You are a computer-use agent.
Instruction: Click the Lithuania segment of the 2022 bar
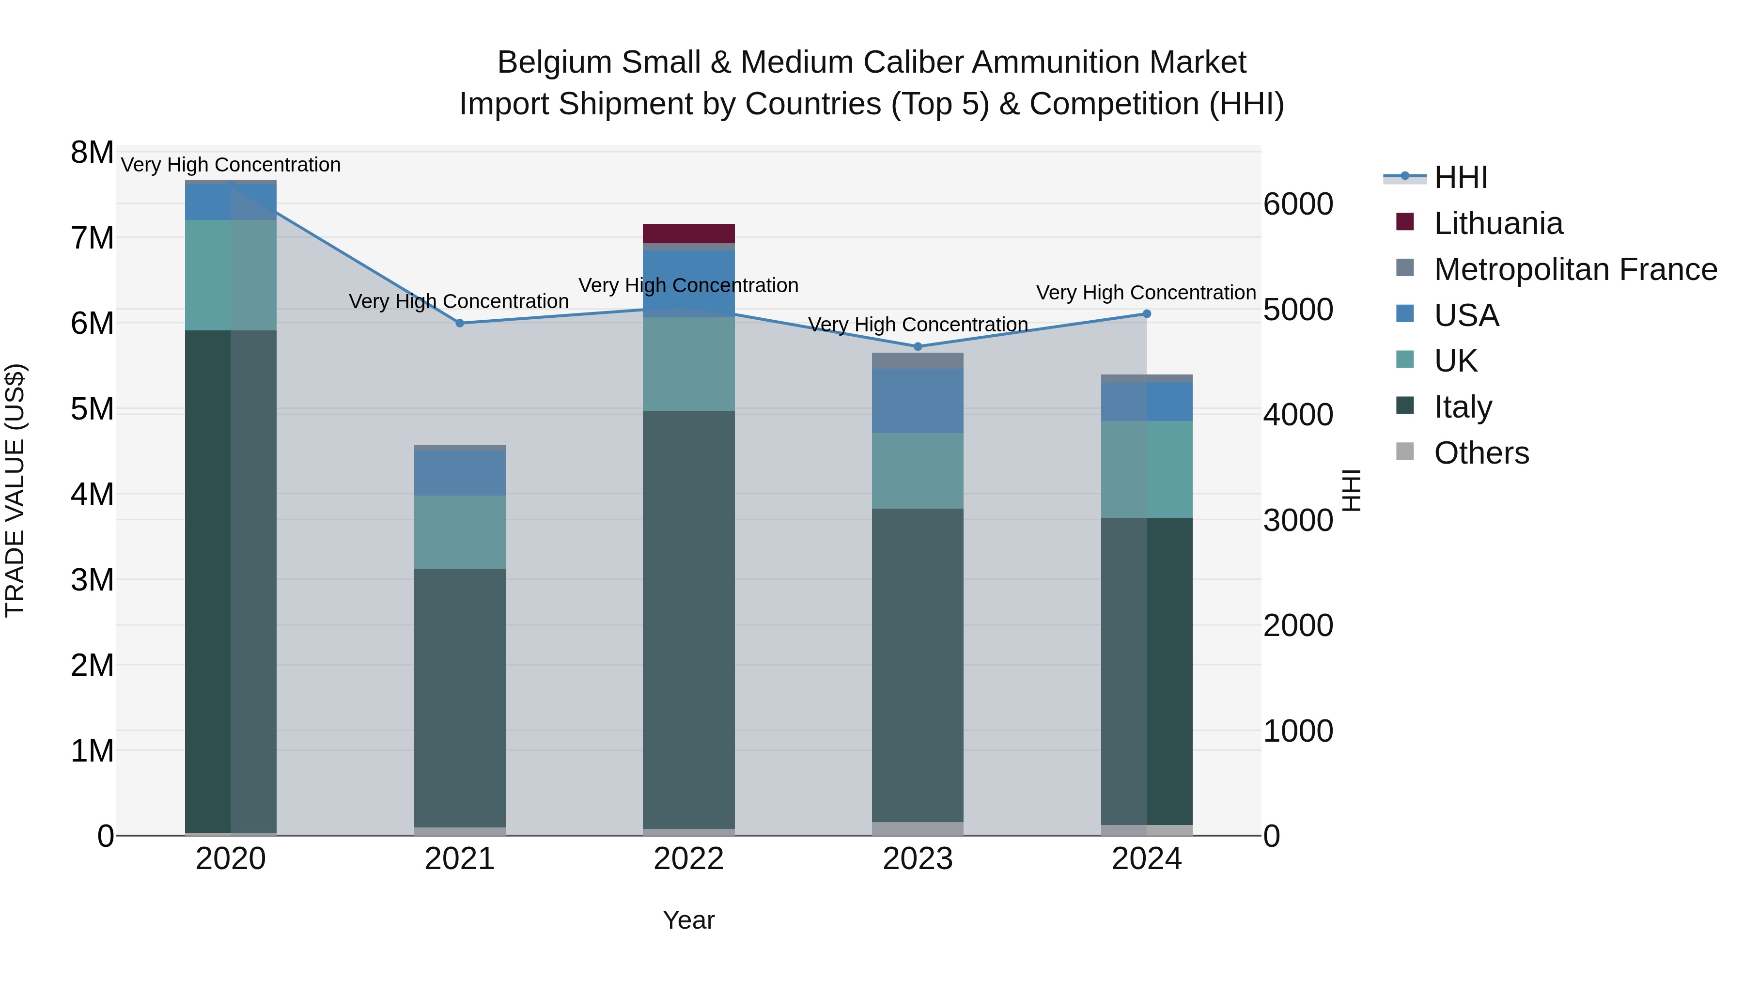pos(688,233)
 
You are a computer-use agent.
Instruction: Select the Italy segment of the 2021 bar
pos(460,697)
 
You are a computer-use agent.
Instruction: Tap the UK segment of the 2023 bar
pos(918,470)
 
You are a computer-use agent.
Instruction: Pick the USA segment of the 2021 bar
pos(460,472)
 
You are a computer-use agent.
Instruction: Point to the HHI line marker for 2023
pos(918,347)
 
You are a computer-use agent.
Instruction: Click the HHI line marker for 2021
pos(460,323)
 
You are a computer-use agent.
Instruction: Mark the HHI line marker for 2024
pos(1146,313)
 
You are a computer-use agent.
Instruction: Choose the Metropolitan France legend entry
pos(1575,269)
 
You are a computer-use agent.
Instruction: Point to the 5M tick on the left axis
pos(93,409)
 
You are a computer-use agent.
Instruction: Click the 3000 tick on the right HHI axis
pos(1298,521)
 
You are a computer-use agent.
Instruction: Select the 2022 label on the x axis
pos(688,859)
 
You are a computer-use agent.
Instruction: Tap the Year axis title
pos(688,920)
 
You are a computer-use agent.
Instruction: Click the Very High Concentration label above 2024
pos(1146,293)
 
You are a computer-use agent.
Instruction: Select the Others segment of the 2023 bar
pos(918,829)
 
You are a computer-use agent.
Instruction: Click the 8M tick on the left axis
pos(93,153)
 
